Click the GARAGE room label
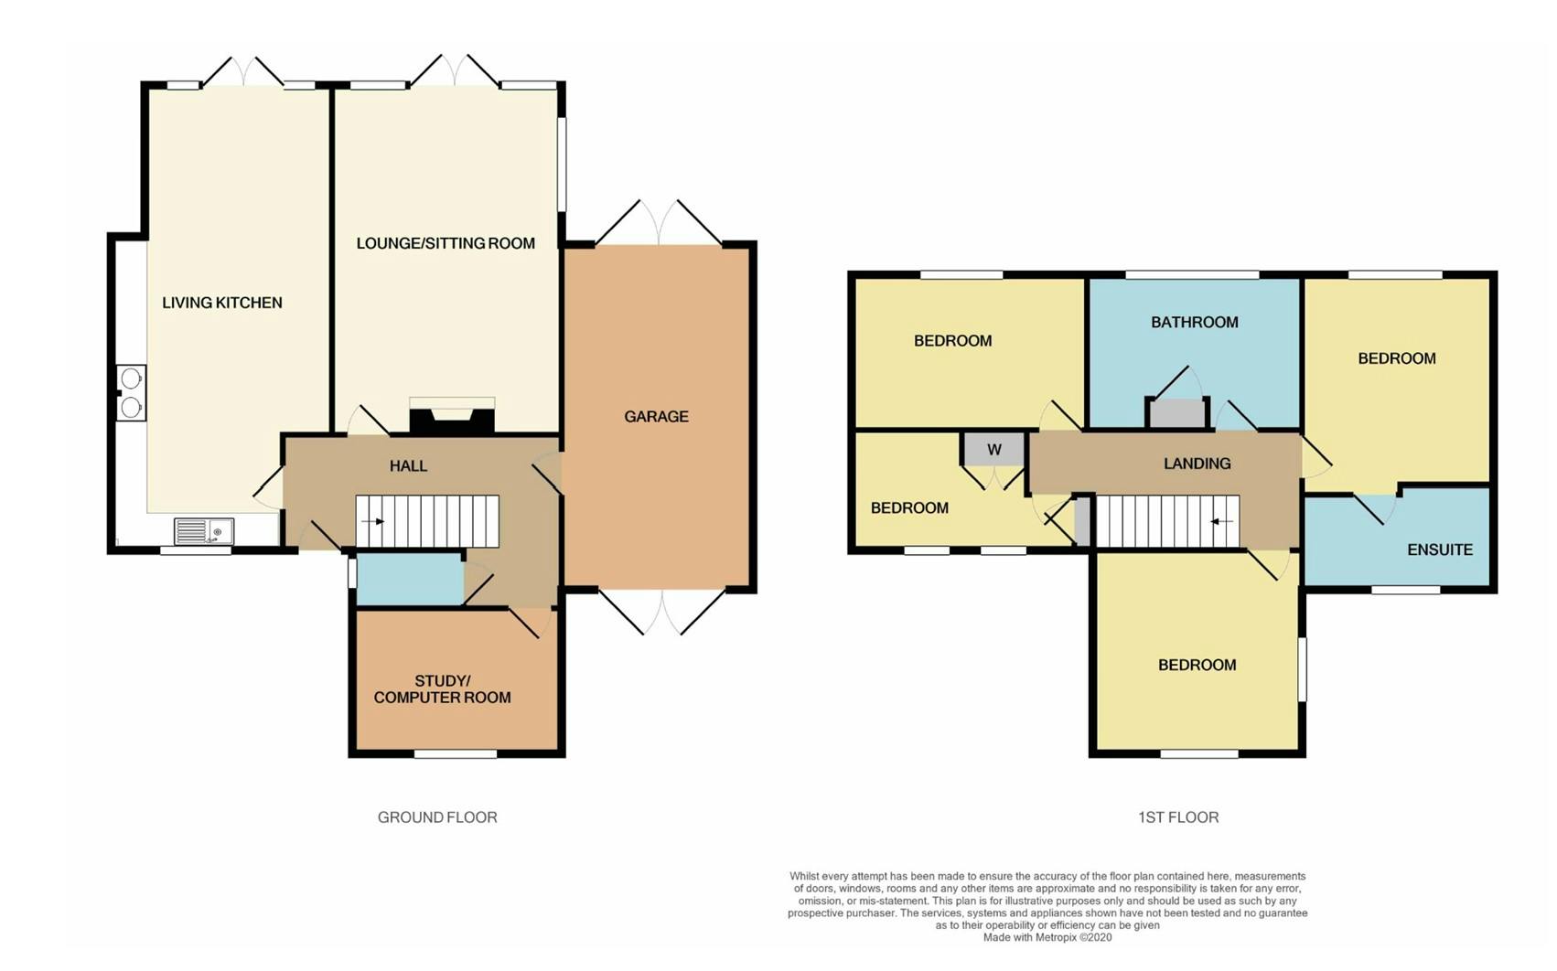pos(656,417)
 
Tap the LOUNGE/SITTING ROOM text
pos(446,243)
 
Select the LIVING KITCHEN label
pos(222,303)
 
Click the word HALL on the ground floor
pos(408,466)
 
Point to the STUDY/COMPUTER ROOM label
pos(442,689)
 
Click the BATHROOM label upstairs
pos(1194,323)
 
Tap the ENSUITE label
pos(1439,550)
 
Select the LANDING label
pos(1197,464)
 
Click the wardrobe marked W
pos(993,449)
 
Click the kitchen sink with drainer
pos(204,531)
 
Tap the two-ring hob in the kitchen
pos(131,393)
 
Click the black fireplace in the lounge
pos(452,421)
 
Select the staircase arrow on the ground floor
pos(373,521)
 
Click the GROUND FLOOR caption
pos(437,817)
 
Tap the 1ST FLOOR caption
pos(1177,817)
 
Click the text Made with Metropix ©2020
pos(1047,937)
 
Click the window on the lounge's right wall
pos(562,164)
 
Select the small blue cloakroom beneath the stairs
pos(409,581)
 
